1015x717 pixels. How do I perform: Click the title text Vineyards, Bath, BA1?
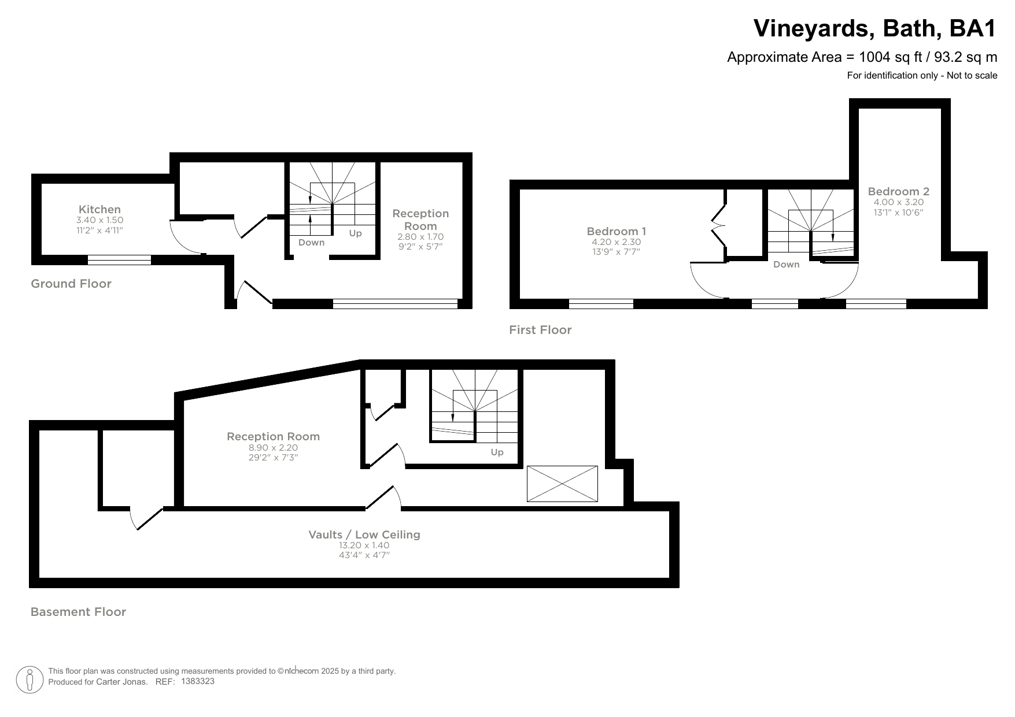875,28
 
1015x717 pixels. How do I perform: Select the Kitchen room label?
99,210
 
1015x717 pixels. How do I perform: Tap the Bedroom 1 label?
616,232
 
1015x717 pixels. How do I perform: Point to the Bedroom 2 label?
898,192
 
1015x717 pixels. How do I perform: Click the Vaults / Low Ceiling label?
364,535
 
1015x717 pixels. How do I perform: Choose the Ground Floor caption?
71,284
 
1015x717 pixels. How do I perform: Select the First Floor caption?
540,330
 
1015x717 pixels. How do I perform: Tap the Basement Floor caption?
78,612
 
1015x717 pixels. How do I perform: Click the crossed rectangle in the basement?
562,484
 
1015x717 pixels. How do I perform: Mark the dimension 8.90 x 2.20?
273,448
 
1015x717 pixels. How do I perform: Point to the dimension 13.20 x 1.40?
364,545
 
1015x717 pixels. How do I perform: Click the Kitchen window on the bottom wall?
119,260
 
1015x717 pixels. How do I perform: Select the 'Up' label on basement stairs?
497,452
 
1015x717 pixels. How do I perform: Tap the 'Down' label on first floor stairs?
786,265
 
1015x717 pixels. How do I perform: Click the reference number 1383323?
198,681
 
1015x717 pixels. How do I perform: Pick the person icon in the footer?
30,680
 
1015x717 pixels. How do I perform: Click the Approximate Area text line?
861,57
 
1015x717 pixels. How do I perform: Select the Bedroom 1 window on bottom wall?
601,304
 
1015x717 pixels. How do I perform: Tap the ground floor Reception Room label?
420,220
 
